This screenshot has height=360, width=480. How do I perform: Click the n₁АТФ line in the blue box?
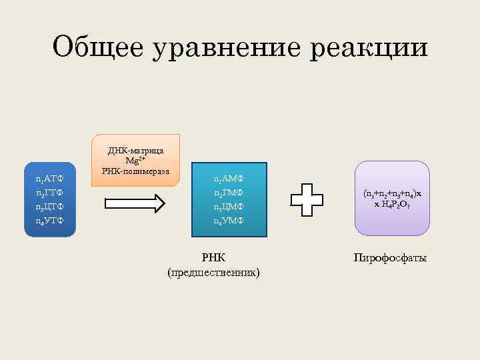50,180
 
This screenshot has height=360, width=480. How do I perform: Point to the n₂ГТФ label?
50,193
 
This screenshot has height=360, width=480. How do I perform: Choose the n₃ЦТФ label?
50,207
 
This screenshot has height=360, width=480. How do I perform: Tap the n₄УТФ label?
50,220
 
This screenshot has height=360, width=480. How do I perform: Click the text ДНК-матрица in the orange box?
135,151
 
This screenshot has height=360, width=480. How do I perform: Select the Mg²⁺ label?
135,161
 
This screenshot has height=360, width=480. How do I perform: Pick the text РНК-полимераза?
135,171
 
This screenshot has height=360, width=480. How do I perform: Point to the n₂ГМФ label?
229,193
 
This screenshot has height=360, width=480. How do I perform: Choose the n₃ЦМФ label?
229,207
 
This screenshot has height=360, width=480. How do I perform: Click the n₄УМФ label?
229,220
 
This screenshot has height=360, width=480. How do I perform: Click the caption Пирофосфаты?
391,257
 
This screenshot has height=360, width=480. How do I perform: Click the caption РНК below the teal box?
214,257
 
